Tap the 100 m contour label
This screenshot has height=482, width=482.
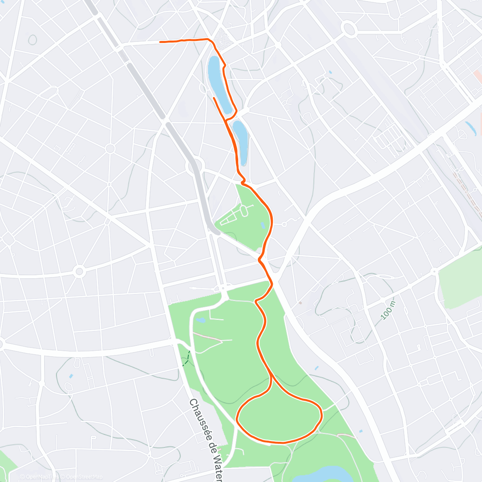point(388,310)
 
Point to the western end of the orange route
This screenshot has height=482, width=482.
point(161,41)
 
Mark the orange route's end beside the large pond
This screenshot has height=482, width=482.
point(214,98)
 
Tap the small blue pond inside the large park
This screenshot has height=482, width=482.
point(200,321)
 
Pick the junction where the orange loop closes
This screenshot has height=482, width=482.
point(272,376)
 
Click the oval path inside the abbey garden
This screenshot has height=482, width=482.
point(244,209)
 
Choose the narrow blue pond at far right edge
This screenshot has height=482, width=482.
point(470,127)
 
